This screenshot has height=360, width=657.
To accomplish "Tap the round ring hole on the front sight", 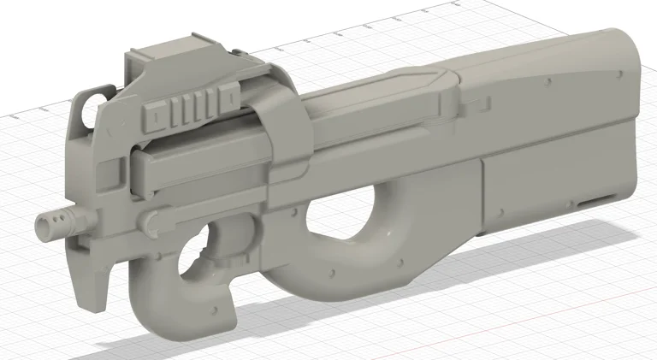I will coord(86,109).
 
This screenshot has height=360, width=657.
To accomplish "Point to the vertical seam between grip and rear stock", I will coord(485,197).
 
